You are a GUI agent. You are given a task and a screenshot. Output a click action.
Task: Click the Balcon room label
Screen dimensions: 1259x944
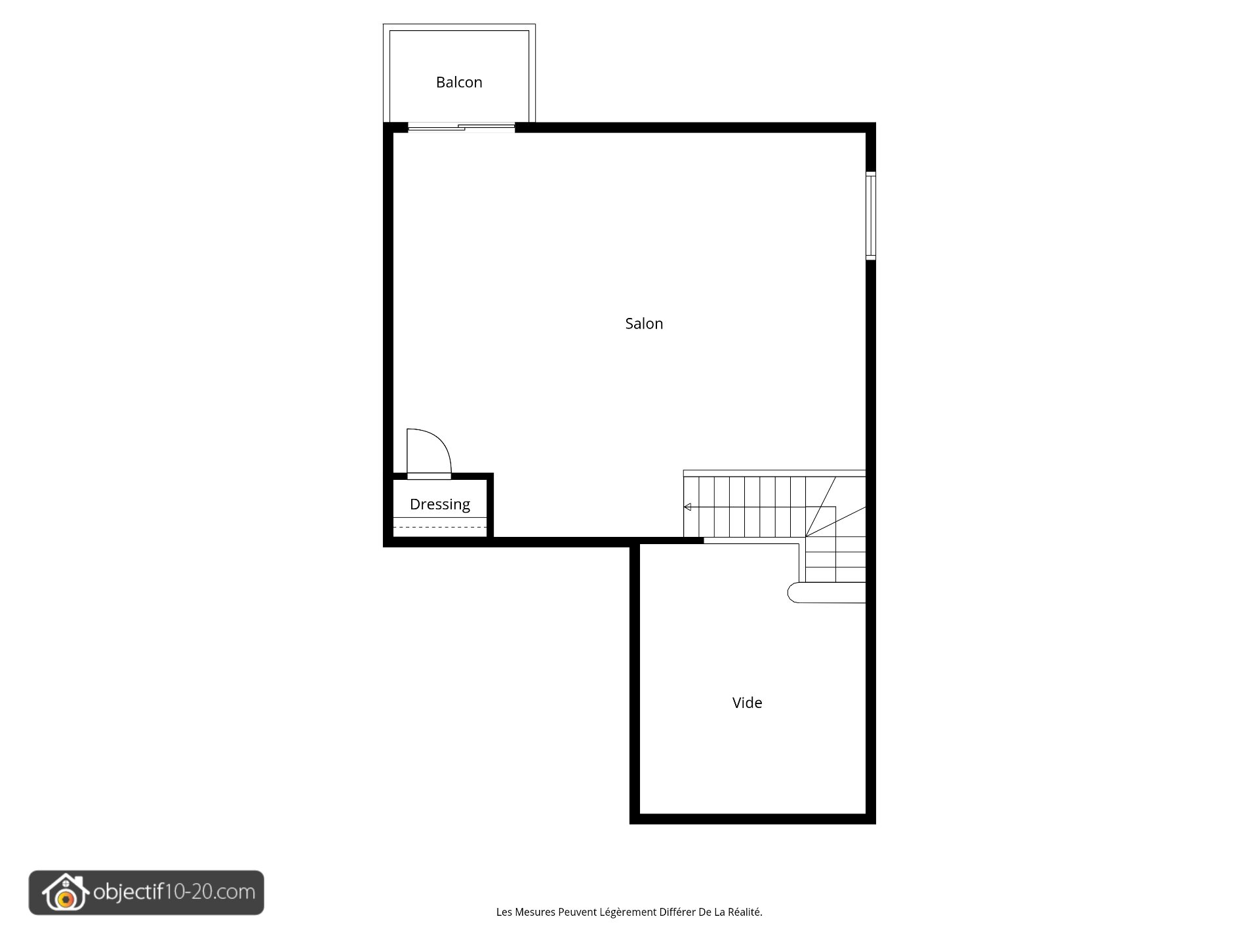click(x=459, y=82)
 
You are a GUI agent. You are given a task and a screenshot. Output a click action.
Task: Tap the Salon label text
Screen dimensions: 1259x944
click(x=644, y=323)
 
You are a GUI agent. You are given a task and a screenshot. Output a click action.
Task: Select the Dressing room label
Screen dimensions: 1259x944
click(x=440, y=504)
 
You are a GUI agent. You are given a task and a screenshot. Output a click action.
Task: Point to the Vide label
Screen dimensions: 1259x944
click(x=747, y=702)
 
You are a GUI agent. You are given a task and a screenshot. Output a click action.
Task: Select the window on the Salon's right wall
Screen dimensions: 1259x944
click(x=871, y=216)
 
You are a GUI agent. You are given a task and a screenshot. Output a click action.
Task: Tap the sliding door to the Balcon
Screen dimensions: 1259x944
click(x=462, y=127)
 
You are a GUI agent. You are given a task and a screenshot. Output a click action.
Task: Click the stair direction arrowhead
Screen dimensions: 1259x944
click(x=687, y=507)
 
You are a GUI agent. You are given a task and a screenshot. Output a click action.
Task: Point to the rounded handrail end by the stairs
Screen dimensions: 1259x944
click(x=793, y=593)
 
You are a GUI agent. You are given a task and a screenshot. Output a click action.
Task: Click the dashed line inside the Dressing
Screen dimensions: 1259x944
click(x=440, y=527)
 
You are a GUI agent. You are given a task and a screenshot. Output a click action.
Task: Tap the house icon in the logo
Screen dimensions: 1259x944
click(x=65, y=892)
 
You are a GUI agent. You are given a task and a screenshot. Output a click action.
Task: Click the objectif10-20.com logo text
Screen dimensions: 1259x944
click(x=174, y=892)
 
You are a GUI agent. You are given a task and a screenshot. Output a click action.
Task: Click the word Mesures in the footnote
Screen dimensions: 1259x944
click(x=535, y=912)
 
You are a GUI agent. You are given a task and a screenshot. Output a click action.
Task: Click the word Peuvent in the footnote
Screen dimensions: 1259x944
click(x=577, y=912)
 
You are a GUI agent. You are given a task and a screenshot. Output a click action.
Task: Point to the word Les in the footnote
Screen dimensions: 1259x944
click(x=504, y=912)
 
